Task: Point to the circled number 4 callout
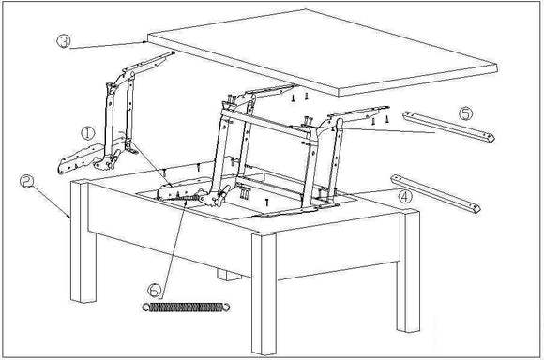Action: coord(405,198)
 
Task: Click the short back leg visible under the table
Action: coord(224,276)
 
